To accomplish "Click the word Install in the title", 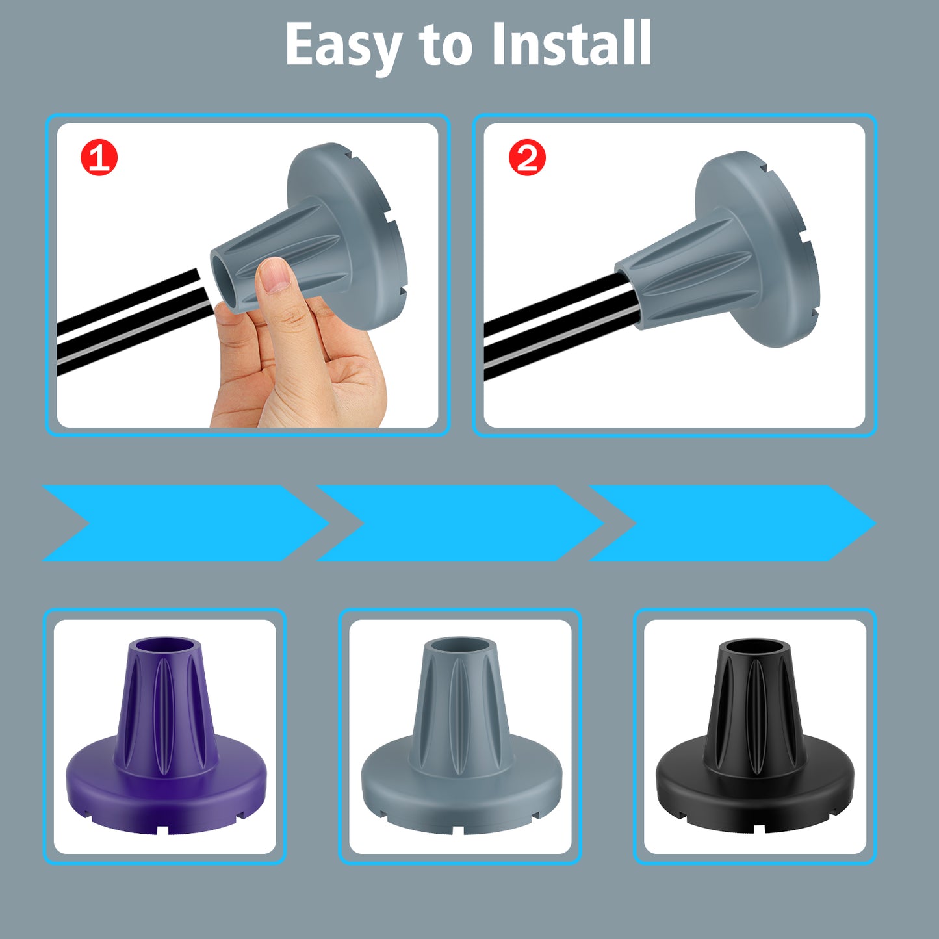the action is [572, 43].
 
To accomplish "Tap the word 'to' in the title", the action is [446, 47].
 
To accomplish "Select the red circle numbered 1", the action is [99, 157].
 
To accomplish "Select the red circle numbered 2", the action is [527, 157].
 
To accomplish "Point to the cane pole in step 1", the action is [134, 322].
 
